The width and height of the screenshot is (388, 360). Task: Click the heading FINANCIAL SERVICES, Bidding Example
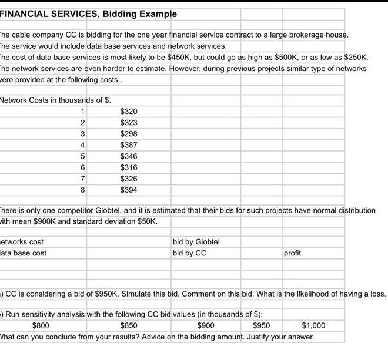click(88, 14)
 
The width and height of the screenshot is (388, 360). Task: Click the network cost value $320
click(129, 112)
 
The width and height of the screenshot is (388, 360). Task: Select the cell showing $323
click(129, 123)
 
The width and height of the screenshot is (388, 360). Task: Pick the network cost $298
click(129, 134)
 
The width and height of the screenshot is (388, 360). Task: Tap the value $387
click(129, 145)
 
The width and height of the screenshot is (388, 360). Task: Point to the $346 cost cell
click(129, 157)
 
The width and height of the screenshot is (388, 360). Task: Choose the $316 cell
click(129, 168)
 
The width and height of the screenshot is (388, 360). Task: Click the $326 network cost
click(129, 179)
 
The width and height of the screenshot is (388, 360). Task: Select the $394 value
click(129, 190)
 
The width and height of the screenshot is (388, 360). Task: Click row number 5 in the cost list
click(83, 157)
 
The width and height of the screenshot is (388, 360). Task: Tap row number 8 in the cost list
click(83, 190)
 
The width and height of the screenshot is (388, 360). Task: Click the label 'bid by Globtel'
click(196, 242)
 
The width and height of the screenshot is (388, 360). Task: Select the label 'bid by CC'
click(189, 253)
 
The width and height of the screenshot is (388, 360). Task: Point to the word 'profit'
click(292, 253)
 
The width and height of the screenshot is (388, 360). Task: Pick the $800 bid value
click(41, 325)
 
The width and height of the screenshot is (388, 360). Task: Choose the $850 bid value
click(129, 325)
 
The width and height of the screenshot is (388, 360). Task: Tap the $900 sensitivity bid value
click(206, 325)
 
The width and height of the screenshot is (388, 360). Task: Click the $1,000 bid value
click(313, 325)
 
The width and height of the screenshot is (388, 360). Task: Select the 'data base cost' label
click(24, 253)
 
